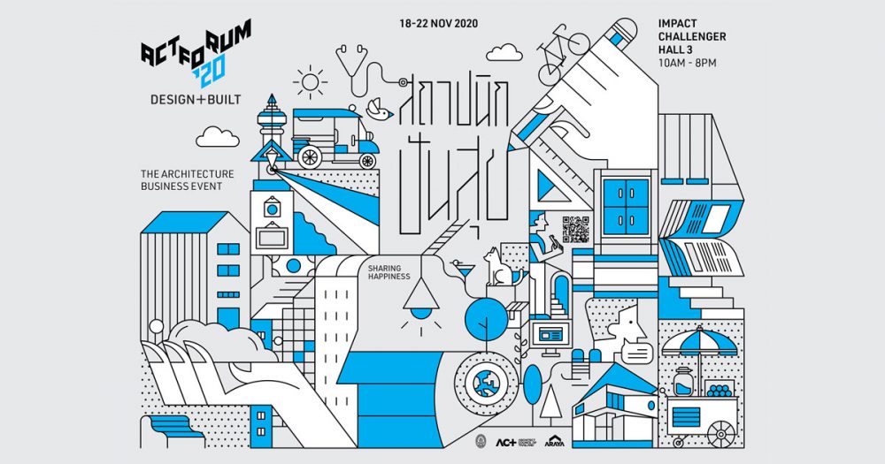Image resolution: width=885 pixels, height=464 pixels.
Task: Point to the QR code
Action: tap(575, 228)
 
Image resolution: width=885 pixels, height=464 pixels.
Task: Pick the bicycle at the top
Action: tap(564, 43)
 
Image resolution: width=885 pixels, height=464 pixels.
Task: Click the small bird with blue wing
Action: tap(379, 108)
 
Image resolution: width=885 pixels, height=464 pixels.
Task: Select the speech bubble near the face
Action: tap(636, 354)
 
